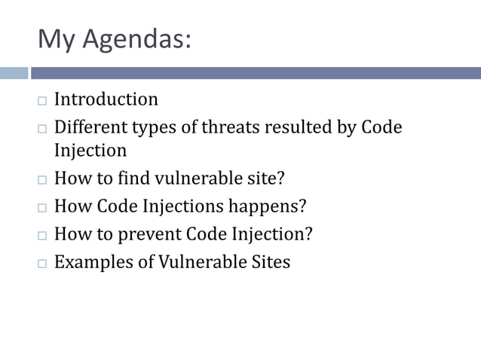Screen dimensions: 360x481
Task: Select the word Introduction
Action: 106,99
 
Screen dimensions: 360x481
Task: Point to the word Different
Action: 90,127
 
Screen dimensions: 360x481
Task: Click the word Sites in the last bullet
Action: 269,262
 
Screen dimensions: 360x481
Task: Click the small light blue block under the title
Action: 14,73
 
